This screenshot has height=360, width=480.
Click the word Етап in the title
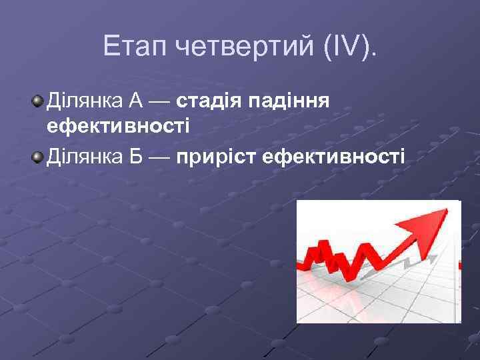pyautogui.click(x=135, y=47)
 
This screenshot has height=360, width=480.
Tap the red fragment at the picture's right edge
pyautogui.click(x=459, y=265)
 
